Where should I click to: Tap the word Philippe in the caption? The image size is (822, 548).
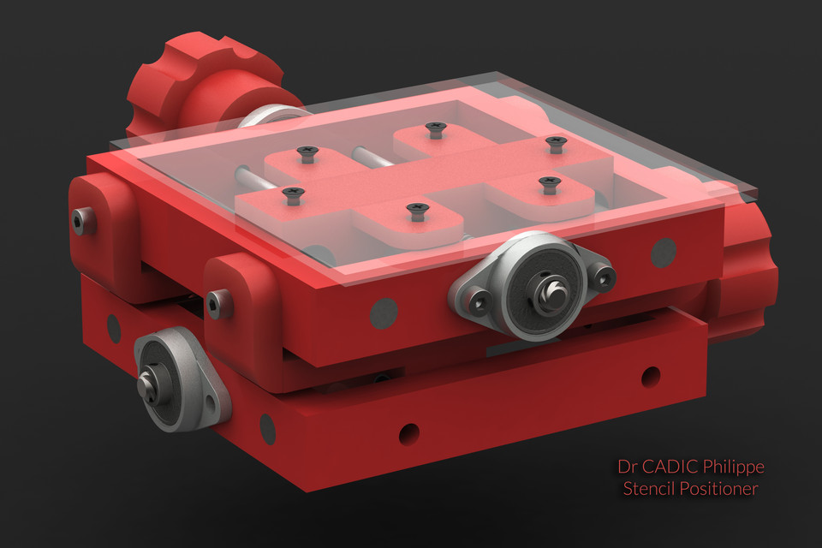click(x=733, y=468)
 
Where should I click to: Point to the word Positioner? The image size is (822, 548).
click(x=719, y=489)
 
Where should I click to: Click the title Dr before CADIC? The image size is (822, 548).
click(x=627, y=468)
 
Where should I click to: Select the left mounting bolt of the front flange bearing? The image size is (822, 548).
click(x=478, y=301)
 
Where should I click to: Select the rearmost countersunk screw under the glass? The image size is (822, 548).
click(x=436, y=129)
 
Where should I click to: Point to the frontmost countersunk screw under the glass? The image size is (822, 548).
click(x=416, y=211)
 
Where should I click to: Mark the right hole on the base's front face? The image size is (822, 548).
click(x=651, y=375)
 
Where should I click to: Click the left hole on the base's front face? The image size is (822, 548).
click(x=409, y=433)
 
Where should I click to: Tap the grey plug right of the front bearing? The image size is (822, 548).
click(x=664, y=251)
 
